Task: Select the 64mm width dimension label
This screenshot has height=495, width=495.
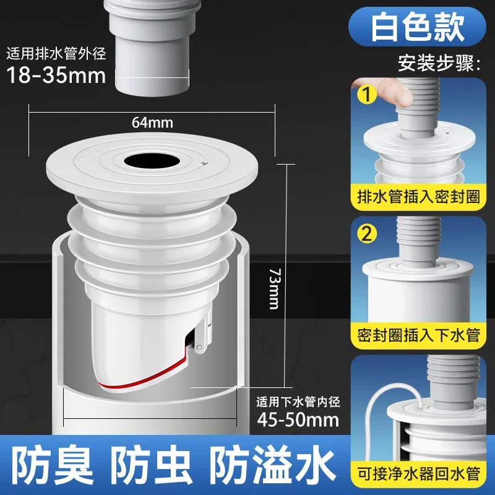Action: click(x=152, y=122)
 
